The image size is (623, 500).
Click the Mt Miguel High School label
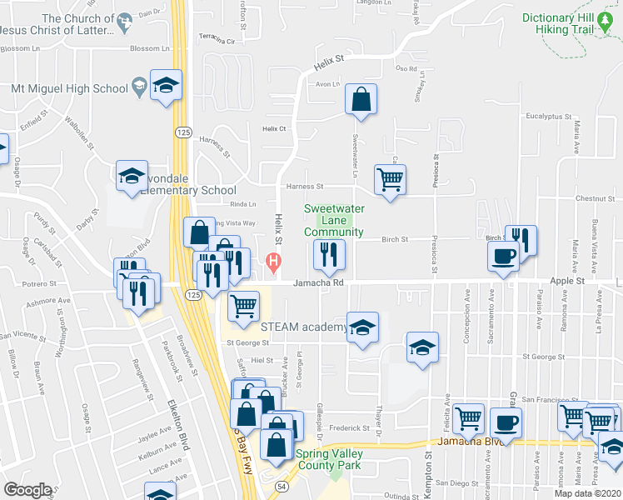pyautogui.click(x=70, y=88)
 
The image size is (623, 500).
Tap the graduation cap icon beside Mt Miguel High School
pyautogui.click(x=166, y=86)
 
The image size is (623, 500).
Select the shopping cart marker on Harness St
pyautogui.click(x=390, y=178)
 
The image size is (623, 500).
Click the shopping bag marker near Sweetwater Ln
pyautogui.click(x=361, y=100)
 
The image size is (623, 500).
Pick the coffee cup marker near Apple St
pyautogui.click(x=504, y=256)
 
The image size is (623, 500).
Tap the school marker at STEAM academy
pyautogui.click(x=362, y=328)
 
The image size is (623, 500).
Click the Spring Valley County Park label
pyautogui.click(x=329, y=460)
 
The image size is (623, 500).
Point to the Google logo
pyautogui.click(x=28, y=490)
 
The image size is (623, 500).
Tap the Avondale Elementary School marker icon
pyautogui.click(x=132, y=177)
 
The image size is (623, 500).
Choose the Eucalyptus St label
pyautogui.click(x=547, y=117)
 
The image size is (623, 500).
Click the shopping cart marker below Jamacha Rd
pyautogui.click(x=242, y=306)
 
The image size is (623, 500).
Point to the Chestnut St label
pyautogui.click(x=594, y=198)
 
